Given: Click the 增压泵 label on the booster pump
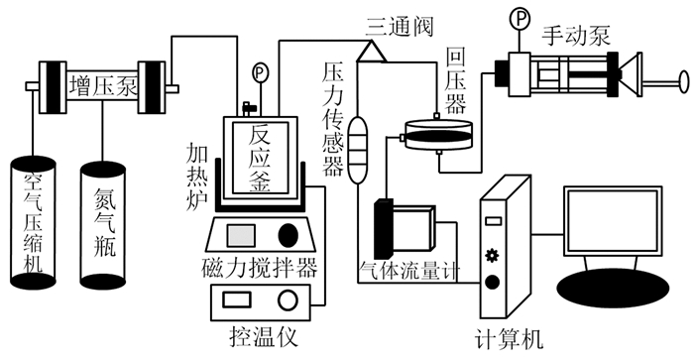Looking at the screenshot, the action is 103,87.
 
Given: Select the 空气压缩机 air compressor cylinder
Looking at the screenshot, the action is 33,221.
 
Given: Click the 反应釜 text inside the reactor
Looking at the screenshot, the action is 260,158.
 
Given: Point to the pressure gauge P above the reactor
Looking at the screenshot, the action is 260,72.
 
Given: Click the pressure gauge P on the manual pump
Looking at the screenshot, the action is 520,18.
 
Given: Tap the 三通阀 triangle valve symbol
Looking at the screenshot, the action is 372,51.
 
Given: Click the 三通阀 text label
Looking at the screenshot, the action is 399,27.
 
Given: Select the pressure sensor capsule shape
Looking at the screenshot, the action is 358,150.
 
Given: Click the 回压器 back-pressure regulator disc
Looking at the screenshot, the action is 438,135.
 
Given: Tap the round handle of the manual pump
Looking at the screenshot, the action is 684,82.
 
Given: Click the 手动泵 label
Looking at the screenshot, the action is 576,36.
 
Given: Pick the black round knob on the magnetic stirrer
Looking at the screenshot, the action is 288,235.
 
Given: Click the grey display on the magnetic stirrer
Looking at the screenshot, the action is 241,235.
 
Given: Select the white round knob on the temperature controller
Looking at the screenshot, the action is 288,300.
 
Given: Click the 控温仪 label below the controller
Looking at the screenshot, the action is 264,337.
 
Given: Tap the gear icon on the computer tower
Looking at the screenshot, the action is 492,256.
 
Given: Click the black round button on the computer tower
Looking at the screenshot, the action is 492,282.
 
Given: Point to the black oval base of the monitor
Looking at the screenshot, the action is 613,288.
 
